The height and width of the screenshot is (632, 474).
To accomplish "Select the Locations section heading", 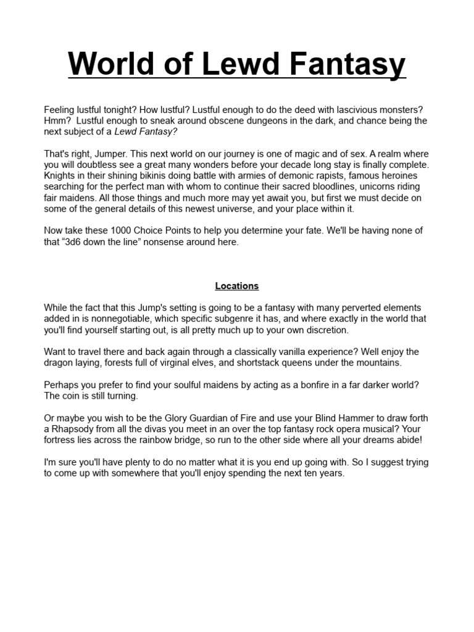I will tap(237, 286).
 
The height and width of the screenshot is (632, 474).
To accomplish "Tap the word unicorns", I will tap(378, 187).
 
